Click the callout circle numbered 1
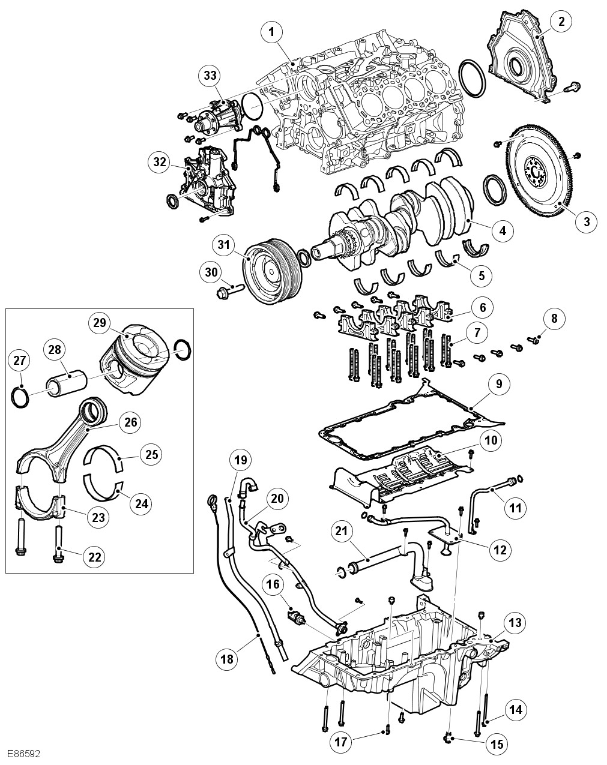(x=272, y=32)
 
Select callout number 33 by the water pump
(x=210, y=76)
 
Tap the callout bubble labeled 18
(x=227, y=659)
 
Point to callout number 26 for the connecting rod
(x=130, y=422)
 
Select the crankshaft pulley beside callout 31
(x=272, y=271)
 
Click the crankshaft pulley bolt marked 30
(x=229, y=292)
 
